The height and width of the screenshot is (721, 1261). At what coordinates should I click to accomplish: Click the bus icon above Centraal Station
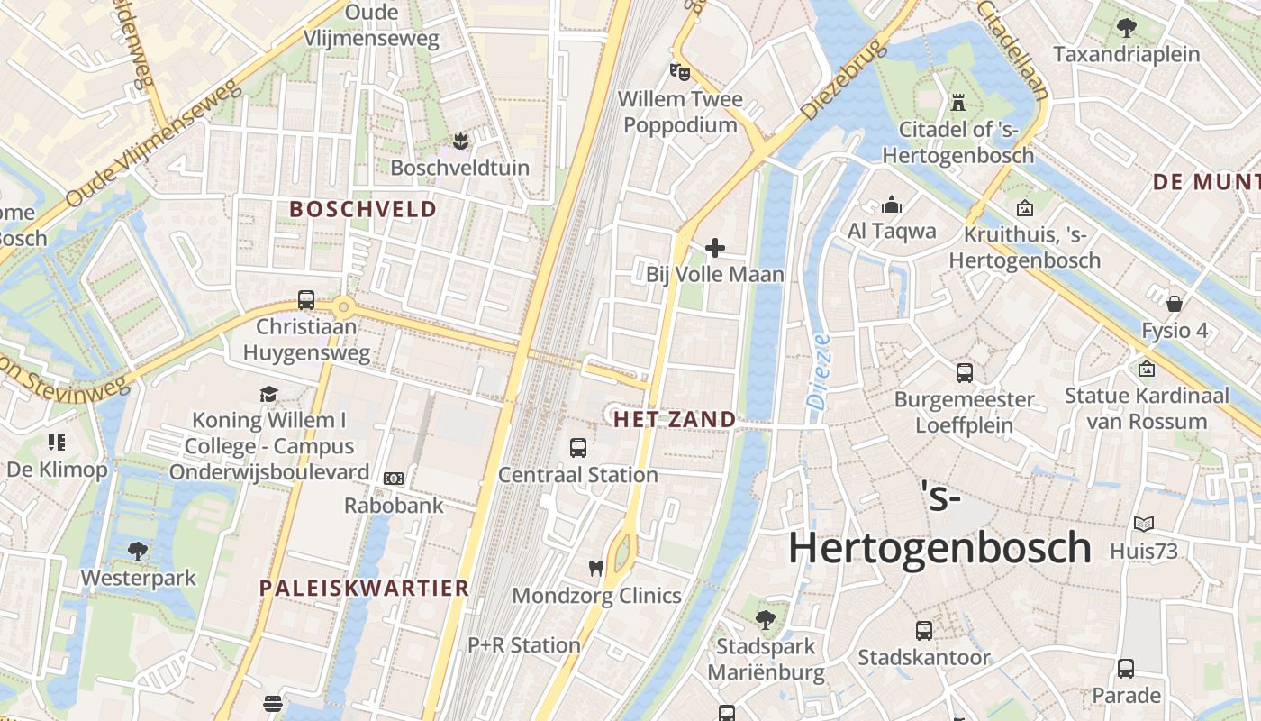coord(578,447)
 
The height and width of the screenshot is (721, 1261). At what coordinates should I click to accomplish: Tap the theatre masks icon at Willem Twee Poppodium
coord(678,70)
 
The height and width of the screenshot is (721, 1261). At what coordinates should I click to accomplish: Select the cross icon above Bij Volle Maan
coord(715,247)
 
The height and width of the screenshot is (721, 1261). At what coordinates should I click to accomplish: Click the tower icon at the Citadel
coord(957,103)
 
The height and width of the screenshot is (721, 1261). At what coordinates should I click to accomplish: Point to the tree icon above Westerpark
coord(137,550)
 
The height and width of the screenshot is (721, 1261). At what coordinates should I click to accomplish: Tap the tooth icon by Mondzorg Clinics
coord(594,568)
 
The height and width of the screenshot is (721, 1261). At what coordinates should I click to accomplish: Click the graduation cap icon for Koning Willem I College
coord(268,393)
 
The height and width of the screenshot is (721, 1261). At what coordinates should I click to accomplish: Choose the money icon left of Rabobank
coord(393,479)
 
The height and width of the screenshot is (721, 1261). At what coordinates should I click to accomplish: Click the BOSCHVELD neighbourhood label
coord(363,209)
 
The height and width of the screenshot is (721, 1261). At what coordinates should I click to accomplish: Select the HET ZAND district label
coord(675,419)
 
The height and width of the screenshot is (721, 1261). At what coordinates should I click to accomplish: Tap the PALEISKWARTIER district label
coord(365,589)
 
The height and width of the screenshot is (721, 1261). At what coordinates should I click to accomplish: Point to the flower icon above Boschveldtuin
coord(460,141)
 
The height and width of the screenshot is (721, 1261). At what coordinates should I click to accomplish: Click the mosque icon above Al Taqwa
coord(892,205)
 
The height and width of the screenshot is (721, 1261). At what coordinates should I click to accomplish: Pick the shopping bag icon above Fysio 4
coord(1175,303)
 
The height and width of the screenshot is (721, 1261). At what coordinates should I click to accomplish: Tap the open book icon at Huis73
coord(1144,524)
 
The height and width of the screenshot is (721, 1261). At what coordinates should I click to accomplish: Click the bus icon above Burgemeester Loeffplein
coord(964,372)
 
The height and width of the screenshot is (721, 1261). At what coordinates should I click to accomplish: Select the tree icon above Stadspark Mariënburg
coord(766,619)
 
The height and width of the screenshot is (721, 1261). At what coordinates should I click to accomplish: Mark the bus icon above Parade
coord(1126,669)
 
